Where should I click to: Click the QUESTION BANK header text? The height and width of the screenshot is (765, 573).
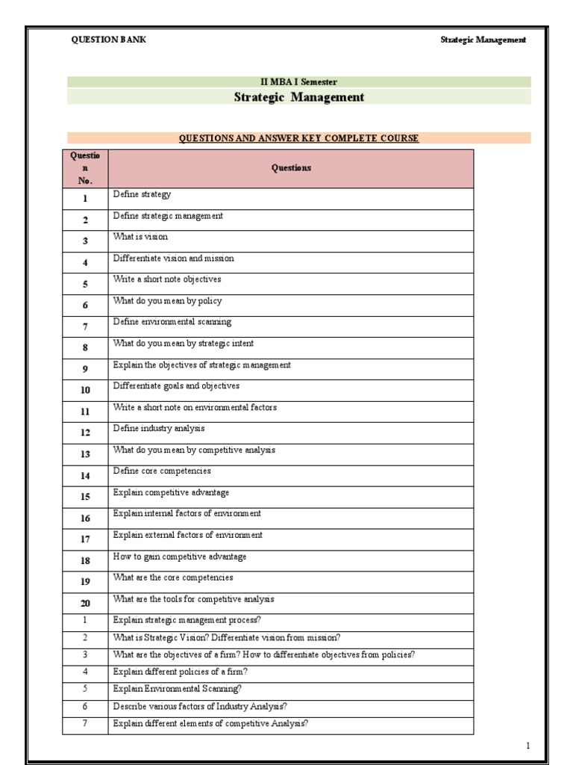point(108,40)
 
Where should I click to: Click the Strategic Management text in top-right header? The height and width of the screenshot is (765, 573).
point(483,40)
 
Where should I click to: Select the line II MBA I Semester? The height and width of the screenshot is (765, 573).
point(298,82)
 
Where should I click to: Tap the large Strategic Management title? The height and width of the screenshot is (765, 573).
point(299,97)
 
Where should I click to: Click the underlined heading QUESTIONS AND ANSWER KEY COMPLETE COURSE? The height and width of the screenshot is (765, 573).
point(298,138)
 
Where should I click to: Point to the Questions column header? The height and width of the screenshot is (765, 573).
point(291,168)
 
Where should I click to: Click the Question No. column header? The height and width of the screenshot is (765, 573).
point(85,168)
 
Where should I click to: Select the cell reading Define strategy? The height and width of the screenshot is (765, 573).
point(142,194)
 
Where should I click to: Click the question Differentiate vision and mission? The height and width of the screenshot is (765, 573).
point(173,258)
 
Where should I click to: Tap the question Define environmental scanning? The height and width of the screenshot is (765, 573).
point(172,322)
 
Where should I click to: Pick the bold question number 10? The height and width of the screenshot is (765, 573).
point(85,390)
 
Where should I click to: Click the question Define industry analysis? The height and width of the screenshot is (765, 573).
point(158,429)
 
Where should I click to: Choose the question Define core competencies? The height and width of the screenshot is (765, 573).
point(161,471)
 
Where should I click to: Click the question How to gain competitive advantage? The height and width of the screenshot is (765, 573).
point(179,557)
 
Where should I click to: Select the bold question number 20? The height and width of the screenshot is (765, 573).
point(85,602)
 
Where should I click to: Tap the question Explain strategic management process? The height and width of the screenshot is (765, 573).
point(187,620)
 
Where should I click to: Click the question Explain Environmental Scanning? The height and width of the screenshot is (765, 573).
point(177,689)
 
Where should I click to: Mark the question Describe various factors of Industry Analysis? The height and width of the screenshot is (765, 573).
point(200,706)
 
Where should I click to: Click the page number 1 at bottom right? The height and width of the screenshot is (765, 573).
point(527,746)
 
